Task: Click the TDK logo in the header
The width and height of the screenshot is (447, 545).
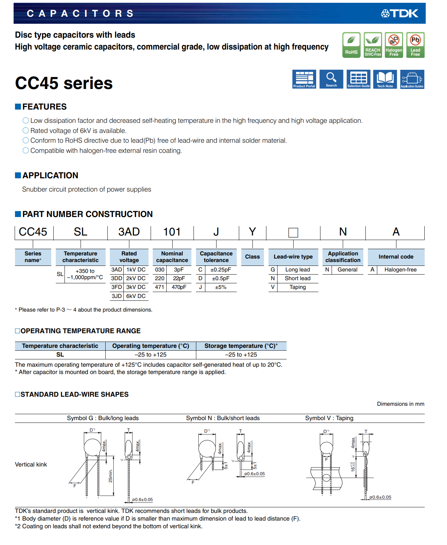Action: pyautogui.click(x=400, y=14)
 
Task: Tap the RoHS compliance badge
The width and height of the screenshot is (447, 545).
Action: pyautogui.click(x=351, y=45)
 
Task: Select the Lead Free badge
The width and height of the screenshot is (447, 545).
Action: pyautogui.click(x=415, y=45)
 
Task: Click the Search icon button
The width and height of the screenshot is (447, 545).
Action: pyautogui.click(x=331, y=79)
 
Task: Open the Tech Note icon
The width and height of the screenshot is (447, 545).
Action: pyautogui.click(x=385, y=79)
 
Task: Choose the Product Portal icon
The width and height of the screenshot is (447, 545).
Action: pyautogui.click(x=304, y=79)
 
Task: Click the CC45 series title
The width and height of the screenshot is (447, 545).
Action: pyautogui.click(x=64, y=83)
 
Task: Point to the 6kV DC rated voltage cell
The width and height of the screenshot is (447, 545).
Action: pyautogui.click(x=136, y=296)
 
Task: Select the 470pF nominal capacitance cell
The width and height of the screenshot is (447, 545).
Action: pyautogui.click(x=179, y=287)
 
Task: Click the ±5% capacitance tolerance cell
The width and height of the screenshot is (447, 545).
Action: pyautogui.click(x=221, y=287)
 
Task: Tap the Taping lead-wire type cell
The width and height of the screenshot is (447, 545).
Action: pyautogui.click(x=297, y=287)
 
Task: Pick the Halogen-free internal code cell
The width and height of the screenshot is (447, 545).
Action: pyautogui.click(x=400, y=270)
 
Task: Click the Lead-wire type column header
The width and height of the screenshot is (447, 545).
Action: pyautogui.click(x=293, y=257)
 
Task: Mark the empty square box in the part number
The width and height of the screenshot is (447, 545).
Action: pyautogui.click(x=293, y=233)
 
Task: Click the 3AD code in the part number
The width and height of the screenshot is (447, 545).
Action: pyautogui.click(x=129, y=232)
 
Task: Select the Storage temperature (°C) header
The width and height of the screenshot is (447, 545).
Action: pyautogui.click(x=241, y=346)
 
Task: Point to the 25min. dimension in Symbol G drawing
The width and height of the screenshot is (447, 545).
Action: pyautogui.click(x=111, y=476)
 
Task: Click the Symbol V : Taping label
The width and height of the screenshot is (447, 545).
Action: pyautogui.click(x=329, y=418)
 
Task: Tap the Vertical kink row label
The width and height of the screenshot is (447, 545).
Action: pyautogui.click(x=31, y=464)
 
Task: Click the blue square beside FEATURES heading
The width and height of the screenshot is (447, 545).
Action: pyautogui.click(x=18, y=107)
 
